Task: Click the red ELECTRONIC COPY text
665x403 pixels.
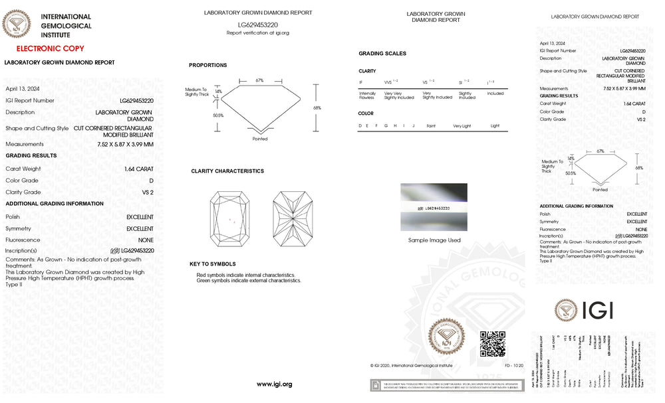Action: [50, 48]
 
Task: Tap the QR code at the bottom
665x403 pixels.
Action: [493, 343]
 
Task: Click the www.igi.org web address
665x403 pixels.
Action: [274, 384]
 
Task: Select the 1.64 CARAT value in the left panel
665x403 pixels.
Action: [138, 169]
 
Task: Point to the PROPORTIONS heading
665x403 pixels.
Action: [207, 65]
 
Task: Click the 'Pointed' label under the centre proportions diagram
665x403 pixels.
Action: [260, 139]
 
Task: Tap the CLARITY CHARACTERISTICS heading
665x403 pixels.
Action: [227, 171]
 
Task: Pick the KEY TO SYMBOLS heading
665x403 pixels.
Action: [213, 264]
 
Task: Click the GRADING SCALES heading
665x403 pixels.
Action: [382, 54]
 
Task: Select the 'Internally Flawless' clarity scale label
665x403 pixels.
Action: [367, 96]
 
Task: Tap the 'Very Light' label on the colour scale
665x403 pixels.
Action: [462, 125]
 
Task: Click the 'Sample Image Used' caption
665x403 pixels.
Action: [434, 240]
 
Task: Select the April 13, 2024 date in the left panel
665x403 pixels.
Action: [23, 88]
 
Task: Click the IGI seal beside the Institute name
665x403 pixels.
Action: [17, 25]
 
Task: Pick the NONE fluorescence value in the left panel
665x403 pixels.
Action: [146, 240]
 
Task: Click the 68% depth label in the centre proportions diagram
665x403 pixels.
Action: [317, 108]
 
